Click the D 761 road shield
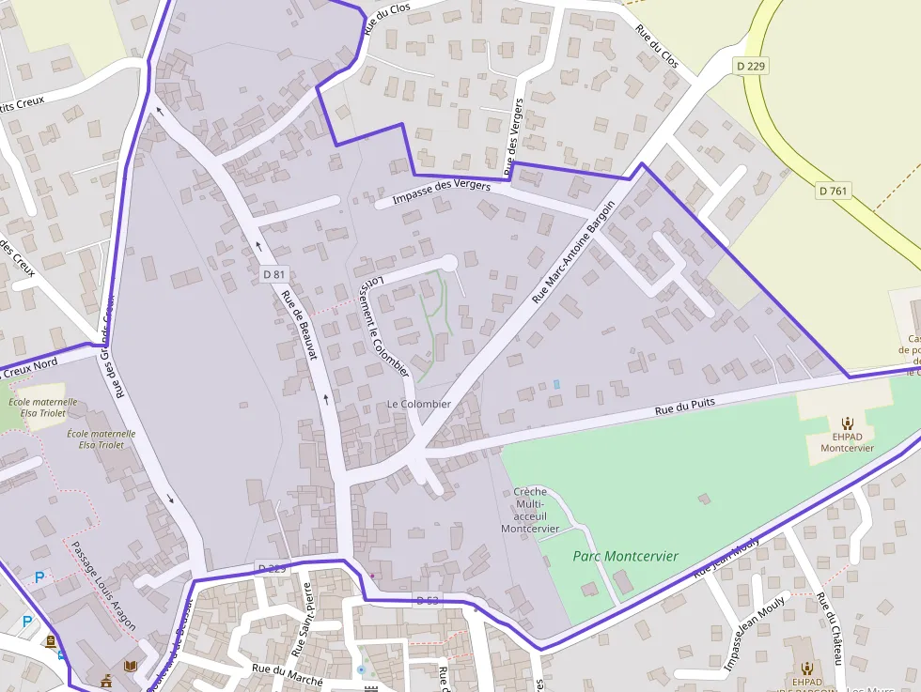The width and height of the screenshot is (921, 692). (833, 191)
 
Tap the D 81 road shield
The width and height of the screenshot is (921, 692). (273, 274)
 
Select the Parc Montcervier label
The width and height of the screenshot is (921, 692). (625, 556)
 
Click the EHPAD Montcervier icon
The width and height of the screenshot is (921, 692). (847, 423)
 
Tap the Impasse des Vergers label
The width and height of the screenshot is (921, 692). (442, 192)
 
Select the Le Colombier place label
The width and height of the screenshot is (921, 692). (419, 404)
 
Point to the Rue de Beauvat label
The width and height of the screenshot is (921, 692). (300, 325)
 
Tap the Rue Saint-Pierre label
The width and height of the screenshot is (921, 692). (304, 619)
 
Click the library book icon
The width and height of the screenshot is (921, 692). (131, 666)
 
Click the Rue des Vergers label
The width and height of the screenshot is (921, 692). (515, 137)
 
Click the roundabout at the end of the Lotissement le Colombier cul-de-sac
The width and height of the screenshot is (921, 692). (448, 263)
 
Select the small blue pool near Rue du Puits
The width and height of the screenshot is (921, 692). (556, 384)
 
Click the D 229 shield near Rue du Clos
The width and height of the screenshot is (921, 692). (751, 66)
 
